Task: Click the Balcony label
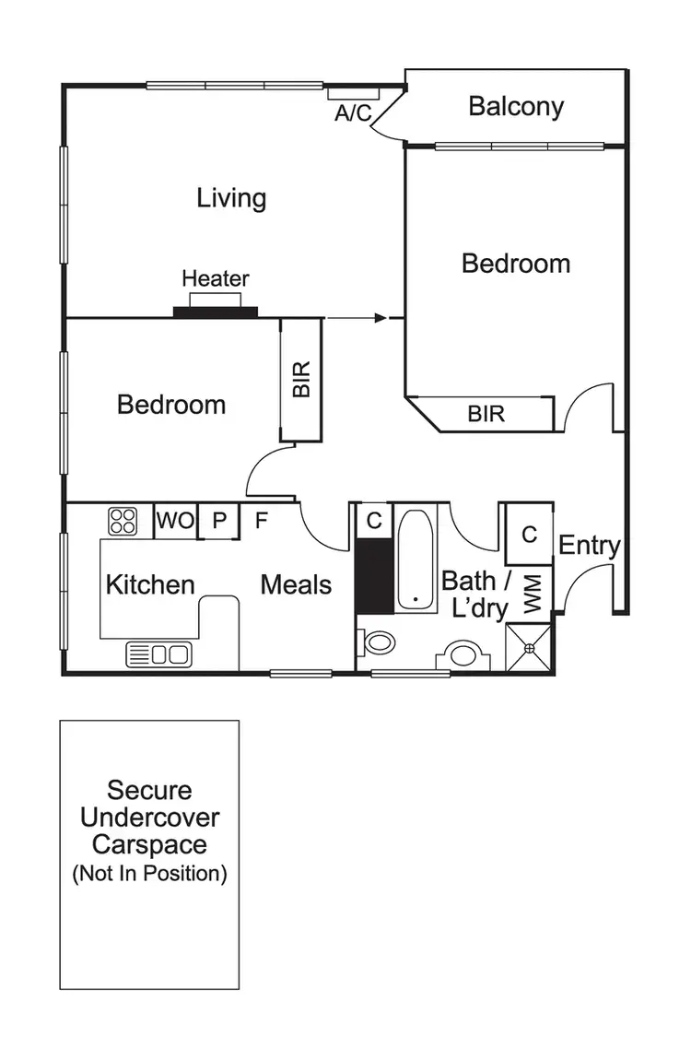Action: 516,106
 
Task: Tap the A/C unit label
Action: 351,113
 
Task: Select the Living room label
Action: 231,197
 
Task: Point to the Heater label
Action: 216,278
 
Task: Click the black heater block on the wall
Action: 216,312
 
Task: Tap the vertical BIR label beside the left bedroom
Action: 301,379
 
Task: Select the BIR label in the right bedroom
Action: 486,414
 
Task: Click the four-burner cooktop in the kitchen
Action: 123,521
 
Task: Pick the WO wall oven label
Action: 175,521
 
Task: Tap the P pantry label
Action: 219,521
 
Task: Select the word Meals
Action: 296,584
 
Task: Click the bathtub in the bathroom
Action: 417,559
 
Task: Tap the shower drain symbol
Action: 530,648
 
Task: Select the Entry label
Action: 590,545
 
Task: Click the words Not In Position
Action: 149,874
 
